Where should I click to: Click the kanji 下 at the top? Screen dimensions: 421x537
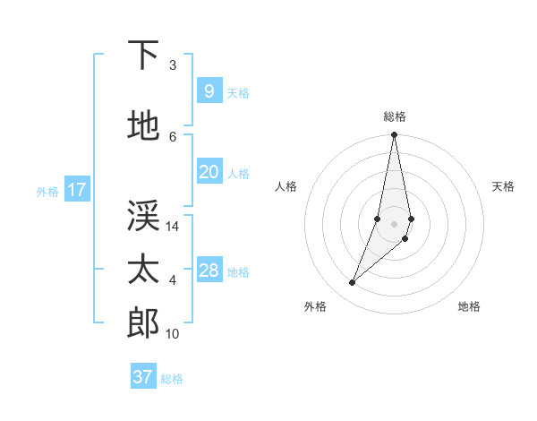pyautogui.click(x=143, y=56)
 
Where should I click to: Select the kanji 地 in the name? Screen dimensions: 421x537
pyautogui.click(x=143, y=126)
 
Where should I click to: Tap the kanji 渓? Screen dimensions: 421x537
pyautogui.click(x=143, y=216)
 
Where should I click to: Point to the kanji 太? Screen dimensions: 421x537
pyautogui.click(x=143, y=270)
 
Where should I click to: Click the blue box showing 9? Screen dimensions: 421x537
pyautogui.click(x=209, y=91)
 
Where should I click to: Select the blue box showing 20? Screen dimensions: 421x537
pyautogui.click(x=209, y=172)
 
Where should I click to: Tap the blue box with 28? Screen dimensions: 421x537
pyautogui.click(x=209, y=271)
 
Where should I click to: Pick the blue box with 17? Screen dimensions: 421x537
pyautogui.click(x=76, y=190)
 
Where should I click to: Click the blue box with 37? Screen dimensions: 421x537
pyautogui.click(x=142, y=377)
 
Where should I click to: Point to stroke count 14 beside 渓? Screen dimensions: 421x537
pyautogui.click(x=173, y=227)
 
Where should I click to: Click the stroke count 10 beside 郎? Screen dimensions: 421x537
pyautogui.click(x=173, y=334)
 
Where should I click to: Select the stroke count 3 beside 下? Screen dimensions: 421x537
pyautogui.click(x=173, y=65)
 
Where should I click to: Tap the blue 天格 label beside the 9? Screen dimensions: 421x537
pyautogui.click(x=238, y=92)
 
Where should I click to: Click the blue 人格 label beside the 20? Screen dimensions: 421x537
pyautogui.click(x=238, y=173)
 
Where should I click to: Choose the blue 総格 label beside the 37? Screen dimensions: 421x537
pyautogui.click(x=172, y=378)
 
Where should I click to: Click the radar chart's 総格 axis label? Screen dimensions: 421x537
pyautogui.click(x=395, y=116)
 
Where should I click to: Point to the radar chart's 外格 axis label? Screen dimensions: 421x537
pyautogui.click(x=315, y=306)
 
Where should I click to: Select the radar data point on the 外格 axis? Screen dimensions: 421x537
pyautogui.click(x=352, y=283)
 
